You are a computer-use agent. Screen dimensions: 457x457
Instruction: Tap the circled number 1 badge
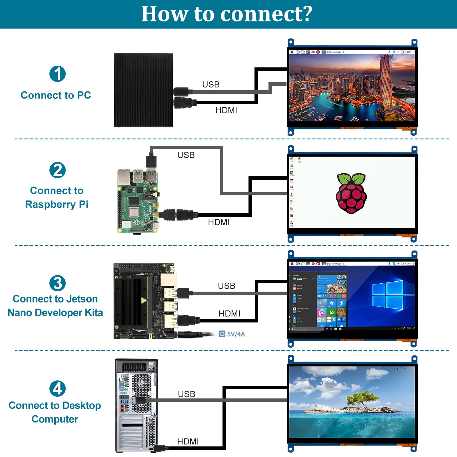(57, 74)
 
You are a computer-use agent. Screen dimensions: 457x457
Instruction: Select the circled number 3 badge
(57, 283)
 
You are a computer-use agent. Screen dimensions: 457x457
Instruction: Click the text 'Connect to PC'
(56, 95)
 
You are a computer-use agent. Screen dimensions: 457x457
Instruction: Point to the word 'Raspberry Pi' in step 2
(57, 205)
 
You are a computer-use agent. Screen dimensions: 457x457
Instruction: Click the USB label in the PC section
(211, 85)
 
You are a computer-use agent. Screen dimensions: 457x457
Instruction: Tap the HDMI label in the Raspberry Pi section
(219, 222)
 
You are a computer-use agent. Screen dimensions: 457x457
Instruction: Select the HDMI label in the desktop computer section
(188, 441)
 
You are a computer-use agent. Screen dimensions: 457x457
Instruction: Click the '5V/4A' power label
(235, 334)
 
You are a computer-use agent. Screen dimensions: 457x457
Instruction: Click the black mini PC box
(143, 90)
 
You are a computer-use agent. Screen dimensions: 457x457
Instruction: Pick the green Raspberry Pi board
(137, 201)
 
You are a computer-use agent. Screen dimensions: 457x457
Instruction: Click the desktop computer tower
(136, 406)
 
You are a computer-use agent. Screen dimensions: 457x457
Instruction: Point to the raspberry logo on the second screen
(351, 193)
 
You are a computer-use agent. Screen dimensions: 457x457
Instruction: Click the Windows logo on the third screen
(388, 295)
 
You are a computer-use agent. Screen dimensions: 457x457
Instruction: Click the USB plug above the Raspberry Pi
(151, 161)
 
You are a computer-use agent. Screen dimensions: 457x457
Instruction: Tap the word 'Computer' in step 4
(55, 419)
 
